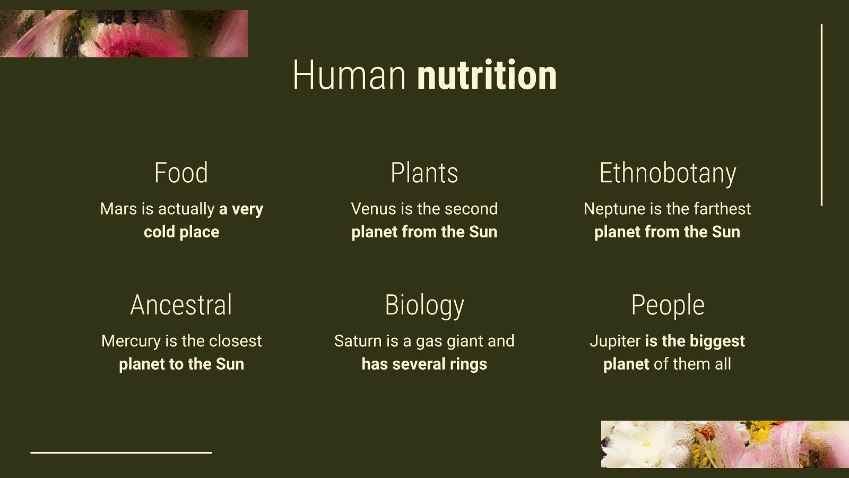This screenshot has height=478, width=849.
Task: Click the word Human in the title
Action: click(x=349, y=75)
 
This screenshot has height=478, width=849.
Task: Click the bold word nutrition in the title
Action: click(x=487, y=75)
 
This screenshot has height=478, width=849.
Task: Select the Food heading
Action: click(x=181, y=173)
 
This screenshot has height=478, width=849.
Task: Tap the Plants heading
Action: click(x=424, y=173)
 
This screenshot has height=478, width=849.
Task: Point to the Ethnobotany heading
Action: click(x=668, y=173)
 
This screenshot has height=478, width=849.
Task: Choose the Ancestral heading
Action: click(x=181, y=305)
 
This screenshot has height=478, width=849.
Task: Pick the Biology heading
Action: click(x=424, y=305)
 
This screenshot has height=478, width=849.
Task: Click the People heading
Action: click(x=668, y=305)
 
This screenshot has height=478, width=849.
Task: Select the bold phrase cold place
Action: click(x=181, y=232)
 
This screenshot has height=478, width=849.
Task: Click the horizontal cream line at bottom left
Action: click(x=121, y=453)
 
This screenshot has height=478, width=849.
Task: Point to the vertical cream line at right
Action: click(x=821, y=114)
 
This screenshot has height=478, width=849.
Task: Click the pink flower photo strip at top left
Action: click(x=124, y=33)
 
